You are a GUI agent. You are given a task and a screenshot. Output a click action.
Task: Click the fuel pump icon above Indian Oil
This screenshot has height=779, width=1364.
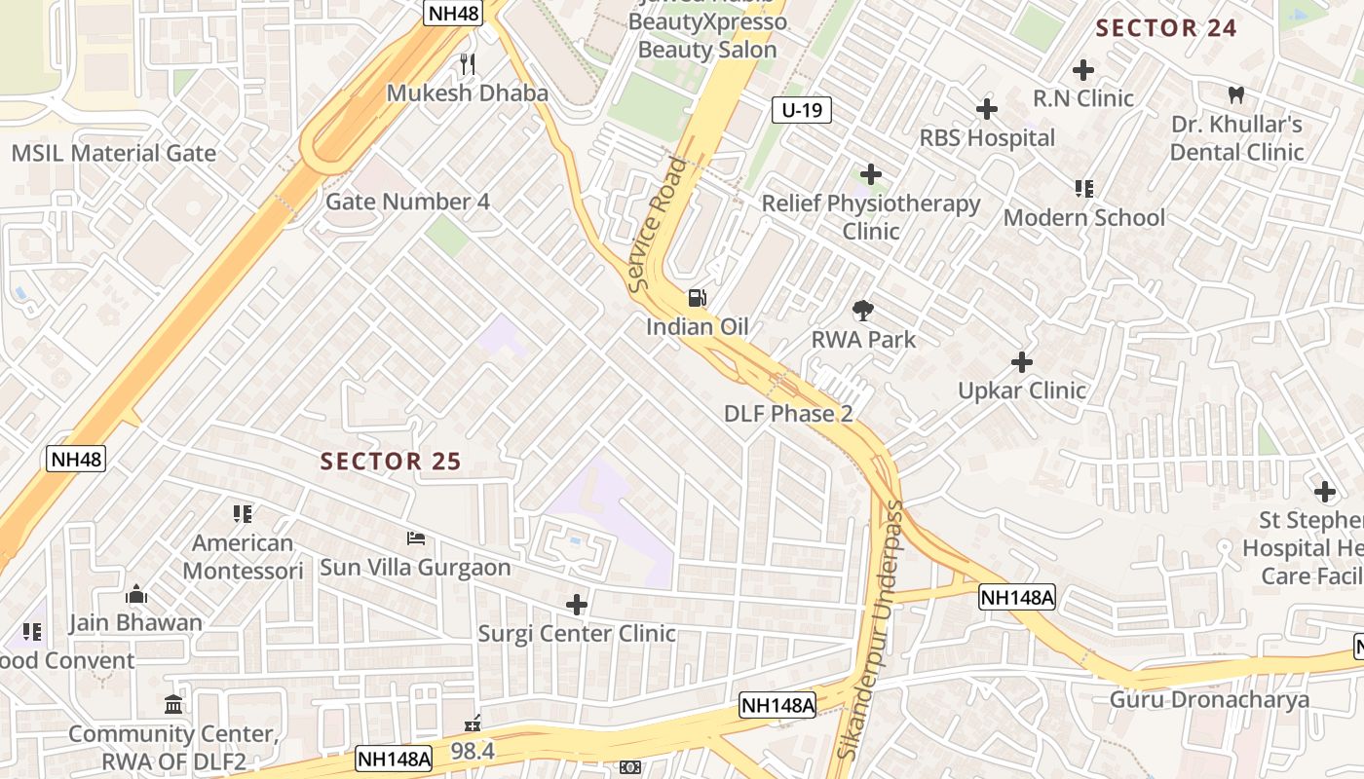click(698, 298)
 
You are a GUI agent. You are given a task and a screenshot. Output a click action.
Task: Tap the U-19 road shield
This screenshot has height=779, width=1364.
click(802, 110)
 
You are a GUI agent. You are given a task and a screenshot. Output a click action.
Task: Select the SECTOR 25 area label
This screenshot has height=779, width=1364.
click(390, 462)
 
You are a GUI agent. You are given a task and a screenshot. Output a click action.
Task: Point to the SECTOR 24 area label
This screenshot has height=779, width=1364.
click(1166, 28)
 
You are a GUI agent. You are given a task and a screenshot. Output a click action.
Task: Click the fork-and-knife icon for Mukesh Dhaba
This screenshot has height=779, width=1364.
click(468, 64)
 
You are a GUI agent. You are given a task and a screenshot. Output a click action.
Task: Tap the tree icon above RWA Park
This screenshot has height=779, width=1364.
click(862, 312)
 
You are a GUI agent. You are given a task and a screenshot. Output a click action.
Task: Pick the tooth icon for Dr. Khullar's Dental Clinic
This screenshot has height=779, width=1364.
click(1236, 95)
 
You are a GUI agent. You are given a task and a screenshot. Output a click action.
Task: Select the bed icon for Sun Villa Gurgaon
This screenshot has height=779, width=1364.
click(416, 538)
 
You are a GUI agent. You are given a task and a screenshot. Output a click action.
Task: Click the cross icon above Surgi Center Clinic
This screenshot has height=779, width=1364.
click(577, 605)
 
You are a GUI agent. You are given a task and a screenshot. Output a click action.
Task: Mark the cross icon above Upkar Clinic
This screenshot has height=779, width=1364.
click(1021, 362)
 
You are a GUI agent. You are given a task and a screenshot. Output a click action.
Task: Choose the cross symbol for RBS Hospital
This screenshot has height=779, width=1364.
click(987, 109)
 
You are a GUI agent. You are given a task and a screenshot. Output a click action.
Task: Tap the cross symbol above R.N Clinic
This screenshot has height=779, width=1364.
click(1082, 70)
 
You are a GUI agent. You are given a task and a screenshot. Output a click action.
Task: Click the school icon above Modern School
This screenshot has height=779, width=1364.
click(1083, 188)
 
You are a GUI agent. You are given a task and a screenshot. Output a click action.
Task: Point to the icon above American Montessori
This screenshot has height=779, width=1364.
click(243, 513)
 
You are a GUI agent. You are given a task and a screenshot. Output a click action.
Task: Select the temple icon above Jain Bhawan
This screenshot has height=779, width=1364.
click(135, 594)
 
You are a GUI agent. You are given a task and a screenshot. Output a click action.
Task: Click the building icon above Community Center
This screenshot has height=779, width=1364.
click(173, 704)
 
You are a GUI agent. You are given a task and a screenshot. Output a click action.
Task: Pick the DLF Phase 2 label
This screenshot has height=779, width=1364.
click(788, 414)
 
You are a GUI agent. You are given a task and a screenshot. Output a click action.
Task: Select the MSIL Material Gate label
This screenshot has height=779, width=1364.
click(114, 153)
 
